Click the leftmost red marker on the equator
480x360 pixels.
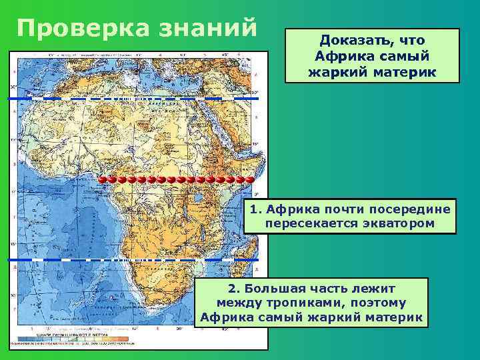click(103, 180)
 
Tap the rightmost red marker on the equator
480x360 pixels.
click(249, 180)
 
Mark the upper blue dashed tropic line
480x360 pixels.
click(133, 97)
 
